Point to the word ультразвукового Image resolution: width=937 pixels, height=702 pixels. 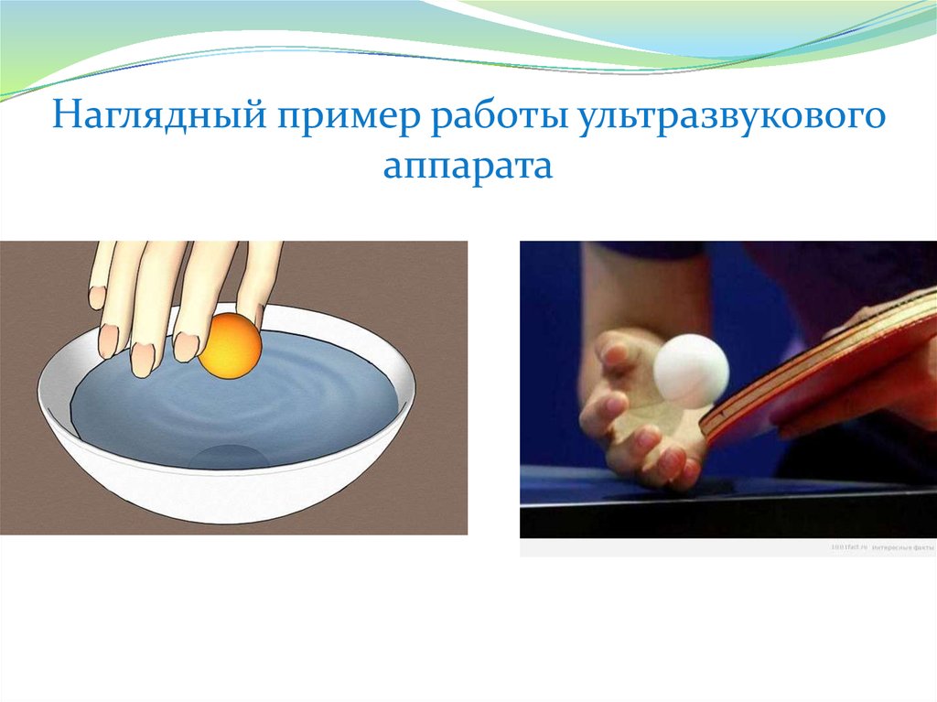tap(732, 121)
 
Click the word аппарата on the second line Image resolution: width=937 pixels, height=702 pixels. tap(468, 167)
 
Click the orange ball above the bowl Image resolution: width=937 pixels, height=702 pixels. tap(231, 345)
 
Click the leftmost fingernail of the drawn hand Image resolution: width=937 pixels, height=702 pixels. tap(98, 296)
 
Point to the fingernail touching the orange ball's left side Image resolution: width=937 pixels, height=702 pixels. tap(188, 345)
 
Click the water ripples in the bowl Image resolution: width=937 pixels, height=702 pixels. tap(302, 403)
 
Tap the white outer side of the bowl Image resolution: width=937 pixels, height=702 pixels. tap(229, 499)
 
